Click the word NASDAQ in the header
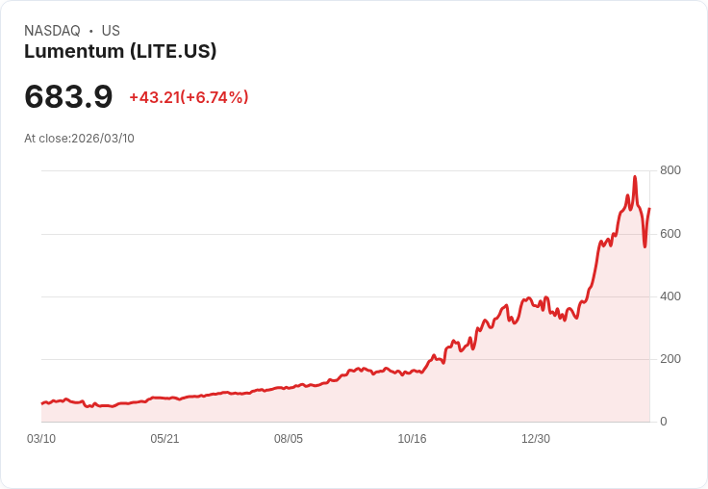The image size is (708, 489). click(x=52, y=31)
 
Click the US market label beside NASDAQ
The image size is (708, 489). click(x=111, y=31)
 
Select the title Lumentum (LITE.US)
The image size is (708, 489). click(x=120, y=52)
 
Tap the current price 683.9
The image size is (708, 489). click(x=68, y=96)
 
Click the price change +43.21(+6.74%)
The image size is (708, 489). click(x=189, y=97)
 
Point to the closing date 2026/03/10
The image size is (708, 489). click(x=103, y=139)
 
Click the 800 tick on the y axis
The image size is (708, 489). click(x=670, y=170)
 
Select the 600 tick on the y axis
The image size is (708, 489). click(x=670, y=233)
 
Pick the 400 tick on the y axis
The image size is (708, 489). click(x=670, y=296)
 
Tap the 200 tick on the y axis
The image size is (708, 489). click(x=670, y=358)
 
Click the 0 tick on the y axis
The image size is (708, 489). click(x=663, y=421)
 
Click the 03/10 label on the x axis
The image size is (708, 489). click(x=41, y=439)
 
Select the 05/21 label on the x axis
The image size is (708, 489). click(x=164, y=439)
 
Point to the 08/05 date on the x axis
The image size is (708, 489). click(x=289, y=439)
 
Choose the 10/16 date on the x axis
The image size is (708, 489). click(x=412, y=439)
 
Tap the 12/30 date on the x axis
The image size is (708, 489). click(x=536, y=439)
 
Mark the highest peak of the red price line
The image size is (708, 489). click(x=635, y=177)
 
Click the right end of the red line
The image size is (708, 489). click(x=649, y=209)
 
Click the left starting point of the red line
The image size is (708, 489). click(x=41, y=403)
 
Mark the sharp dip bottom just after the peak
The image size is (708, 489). click(x=645, y=246)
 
